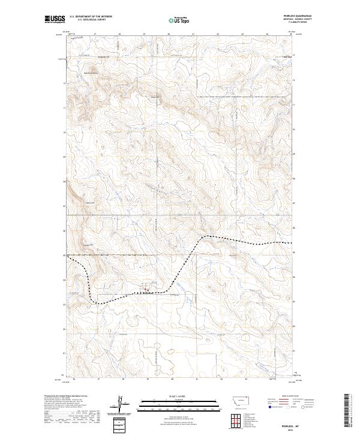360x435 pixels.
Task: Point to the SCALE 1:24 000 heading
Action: tap(172, 397)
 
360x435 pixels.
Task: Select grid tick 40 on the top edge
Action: tap(169, 35)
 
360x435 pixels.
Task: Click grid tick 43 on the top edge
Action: tap(242, 35)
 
